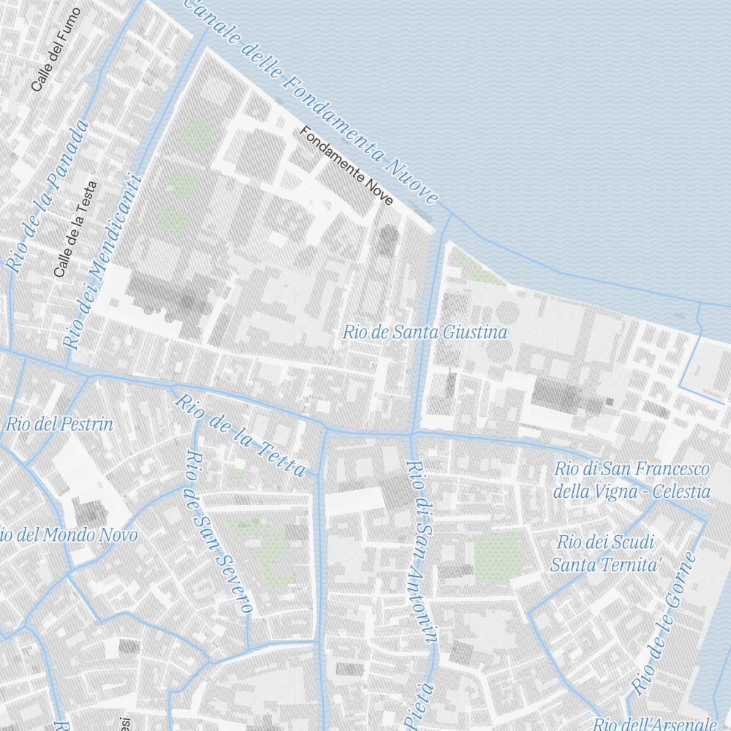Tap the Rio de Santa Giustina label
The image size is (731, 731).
425,333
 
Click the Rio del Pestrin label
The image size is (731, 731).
60,424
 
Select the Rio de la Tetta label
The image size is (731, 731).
239,436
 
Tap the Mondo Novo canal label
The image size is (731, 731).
69,535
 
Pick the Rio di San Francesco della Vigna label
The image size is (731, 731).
632,479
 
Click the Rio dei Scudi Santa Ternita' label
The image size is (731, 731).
606,553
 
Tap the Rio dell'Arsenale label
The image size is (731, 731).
655,724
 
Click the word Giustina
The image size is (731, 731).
473,333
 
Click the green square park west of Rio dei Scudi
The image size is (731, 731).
499,556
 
